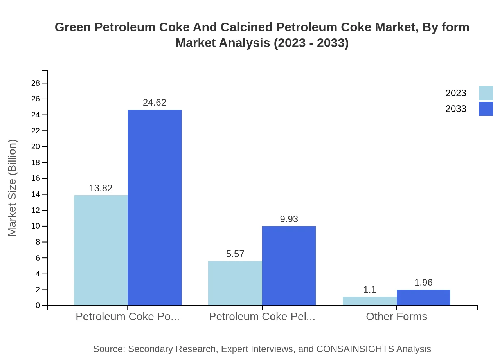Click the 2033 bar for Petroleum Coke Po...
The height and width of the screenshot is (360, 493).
[x=155, y=207]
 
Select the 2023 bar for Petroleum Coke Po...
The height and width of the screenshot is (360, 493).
[x=101, y=250]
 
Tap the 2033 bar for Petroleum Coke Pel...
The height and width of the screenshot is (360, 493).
[x=289, y=266]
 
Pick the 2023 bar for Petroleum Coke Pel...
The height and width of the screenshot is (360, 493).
[x=235, y=283]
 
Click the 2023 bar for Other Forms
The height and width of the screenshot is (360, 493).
[x=369, y=301]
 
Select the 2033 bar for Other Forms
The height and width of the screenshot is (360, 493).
[x=423, y=297]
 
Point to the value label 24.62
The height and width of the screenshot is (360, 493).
[x=155, y=103]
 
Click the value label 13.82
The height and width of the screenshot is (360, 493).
[x=101, y=188]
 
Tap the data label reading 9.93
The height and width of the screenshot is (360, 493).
[x=289, y=219]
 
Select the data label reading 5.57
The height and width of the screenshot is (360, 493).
[x=235, y=254]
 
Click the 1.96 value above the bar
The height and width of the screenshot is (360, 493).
[x=423, y=283]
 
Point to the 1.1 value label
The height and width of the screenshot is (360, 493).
[x=369, y=290]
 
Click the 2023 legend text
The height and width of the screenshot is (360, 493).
[x=456, y=93]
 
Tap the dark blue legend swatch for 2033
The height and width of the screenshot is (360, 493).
[x=486, y=109]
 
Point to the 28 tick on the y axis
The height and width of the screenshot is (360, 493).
[x=36, y=83]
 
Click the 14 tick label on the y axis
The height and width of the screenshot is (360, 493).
[x=36, y=194]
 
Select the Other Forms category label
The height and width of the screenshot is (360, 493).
[x=396, y=317]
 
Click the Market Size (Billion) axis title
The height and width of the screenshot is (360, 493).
[x=13, y=188]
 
